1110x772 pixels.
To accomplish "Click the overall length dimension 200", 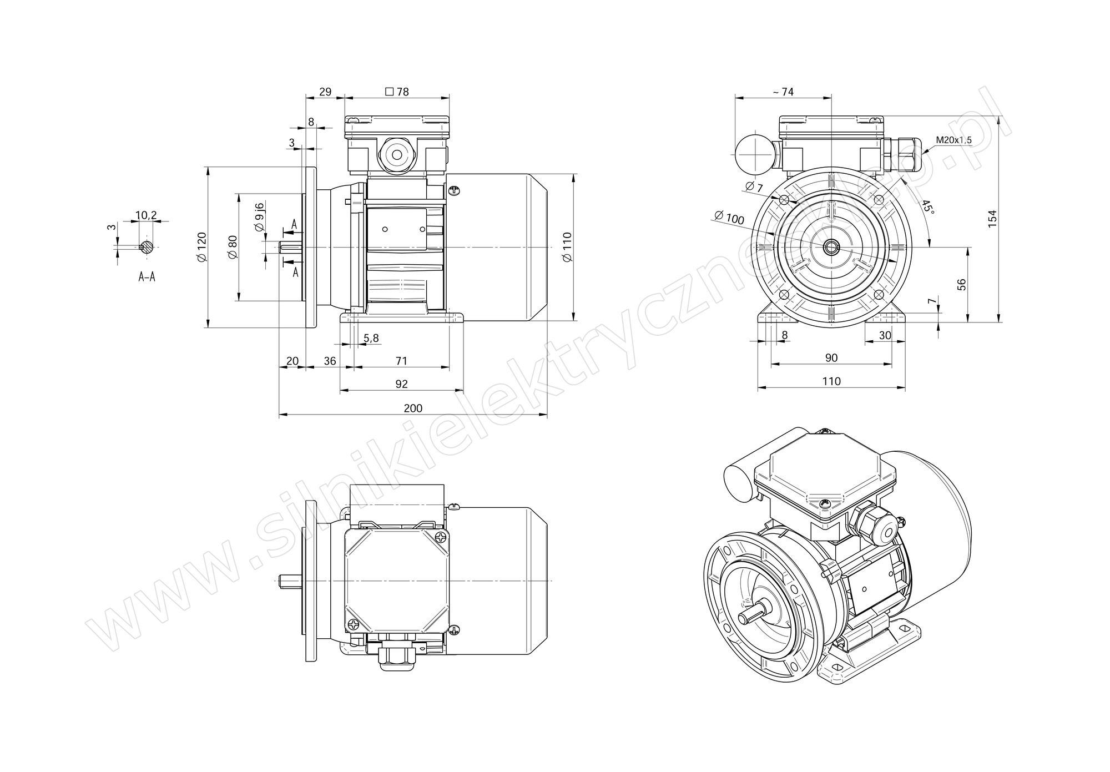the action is pos(413,408).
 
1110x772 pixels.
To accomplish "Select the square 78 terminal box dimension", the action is pos(396,92).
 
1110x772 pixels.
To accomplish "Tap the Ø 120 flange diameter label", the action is pos(201,246).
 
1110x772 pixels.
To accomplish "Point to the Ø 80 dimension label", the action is pos(233,246).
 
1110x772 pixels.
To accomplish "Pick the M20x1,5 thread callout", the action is pos(953,140).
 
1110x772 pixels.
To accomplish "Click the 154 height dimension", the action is pos(993,217).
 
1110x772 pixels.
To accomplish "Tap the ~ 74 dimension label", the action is pos(784,92).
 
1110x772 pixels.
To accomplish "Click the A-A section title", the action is pos(147,276).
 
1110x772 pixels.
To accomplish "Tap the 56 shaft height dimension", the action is pos(962,284).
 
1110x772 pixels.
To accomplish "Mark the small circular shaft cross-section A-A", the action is pos(146,248).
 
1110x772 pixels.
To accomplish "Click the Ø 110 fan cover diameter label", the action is pos(567,247).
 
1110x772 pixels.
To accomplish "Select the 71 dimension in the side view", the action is pos(401,361).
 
